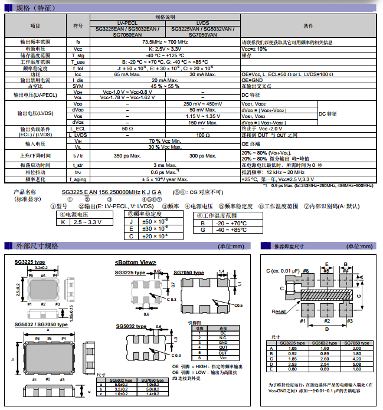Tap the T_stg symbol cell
78,55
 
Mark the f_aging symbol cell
78,179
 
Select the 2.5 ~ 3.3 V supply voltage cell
86,222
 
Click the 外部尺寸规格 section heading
37,245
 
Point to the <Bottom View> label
135,262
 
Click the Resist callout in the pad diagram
279,311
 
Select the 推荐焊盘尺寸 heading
289,246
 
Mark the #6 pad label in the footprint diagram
305,270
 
